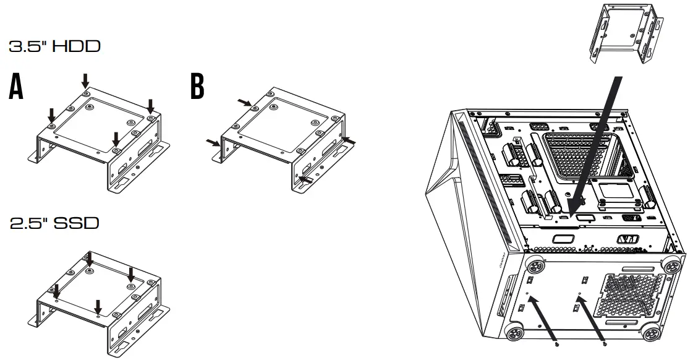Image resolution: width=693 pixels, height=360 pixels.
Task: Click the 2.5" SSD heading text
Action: (54, 223)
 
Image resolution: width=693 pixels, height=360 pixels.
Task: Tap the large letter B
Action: (197, 87)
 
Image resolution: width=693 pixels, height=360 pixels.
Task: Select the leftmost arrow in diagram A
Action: (52, 114)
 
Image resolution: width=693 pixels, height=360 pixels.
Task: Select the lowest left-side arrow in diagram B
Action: (213, 144)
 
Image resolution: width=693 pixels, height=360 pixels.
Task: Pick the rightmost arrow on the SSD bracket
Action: (130, 273)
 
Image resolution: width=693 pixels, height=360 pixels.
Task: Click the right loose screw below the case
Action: (604, 343)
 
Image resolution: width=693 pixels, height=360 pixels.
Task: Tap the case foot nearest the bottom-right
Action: (650, 334)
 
